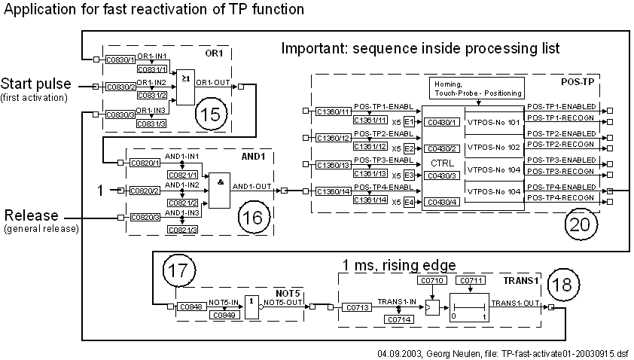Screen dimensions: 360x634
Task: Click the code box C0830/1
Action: click(118, 59)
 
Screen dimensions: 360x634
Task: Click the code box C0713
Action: click(357, 307)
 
